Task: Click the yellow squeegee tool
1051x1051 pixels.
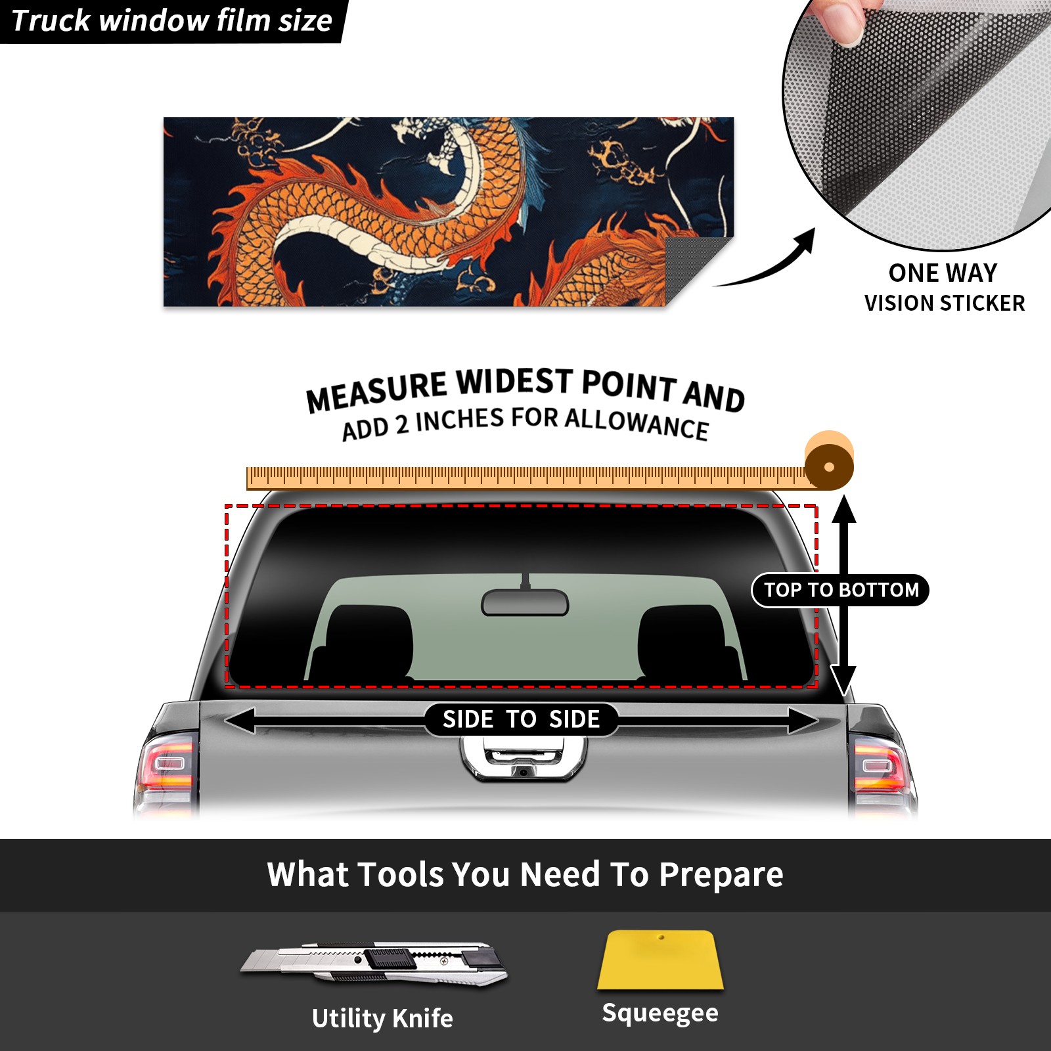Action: click(x=660, y=960)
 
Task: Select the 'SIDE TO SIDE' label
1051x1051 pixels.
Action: click(x=521, y=719)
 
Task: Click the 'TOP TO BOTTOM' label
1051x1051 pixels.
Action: click(x=841, y=590)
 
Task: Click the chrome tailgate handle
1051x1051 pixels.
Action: click(x=524, y=759)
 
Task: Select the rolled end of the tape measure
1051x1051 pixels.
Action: click(x=829, y=461)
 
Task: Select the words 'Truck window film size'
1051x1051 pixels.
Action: click(x=171, y=20)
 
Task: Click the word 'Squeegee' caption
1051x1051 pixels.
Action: click(x=660, y=1013)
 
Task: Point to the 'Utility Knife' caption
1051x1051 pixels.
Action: click(x=382, y=1019)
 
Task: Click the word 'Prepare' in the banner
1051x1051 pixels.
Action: click(x=721, y=876)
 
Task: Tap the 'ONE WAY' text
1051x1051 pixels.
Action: click(x=943, y=273)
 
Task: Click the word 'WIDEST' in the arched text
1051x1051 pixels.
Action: click(x=515, y=382)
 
